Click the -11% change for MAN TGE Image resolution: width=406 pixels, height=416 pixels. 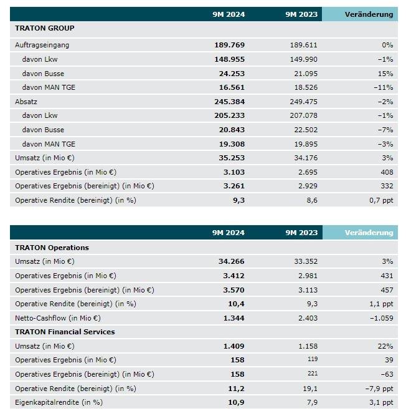382,88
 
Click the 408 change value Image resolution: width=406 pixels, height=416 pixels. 386,172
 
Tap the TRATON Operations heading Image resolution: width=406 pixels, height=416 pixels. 52,248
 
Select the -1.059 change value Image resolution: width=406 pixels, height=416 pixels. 379,318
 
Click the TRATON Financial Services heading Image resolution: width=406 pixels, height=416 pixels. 65,332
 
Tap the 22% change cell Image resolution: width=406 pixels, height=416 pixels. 384,346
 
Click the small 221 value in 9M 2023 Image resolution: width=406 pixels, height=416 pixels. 311,374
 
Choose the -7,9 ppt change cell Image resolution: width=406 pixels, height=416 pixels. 378,388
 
